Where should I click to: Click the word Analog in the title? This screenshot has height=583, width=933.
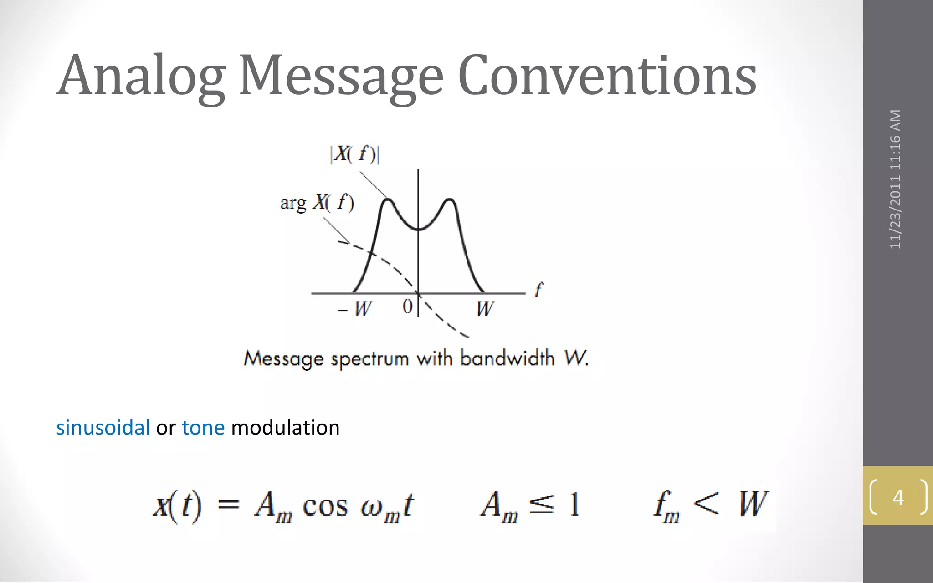click(x=141, y=76)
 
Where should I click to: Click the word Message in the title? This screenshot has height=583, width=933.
click(x=341, y=76)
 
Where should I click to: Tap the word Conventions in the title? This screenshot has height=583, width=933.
click(x=607, y=76)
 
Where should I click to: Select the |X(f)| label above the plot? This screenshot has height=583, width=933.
click(x=355, y=154)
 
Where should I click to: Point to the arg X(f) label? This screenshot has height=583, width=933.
click(x=317, y=203)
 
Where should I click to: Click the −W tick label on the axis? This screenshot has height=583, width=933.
click(x=355, y=309)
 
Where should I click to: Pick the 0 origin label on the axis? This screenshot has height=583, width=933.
click(x=408, y=307)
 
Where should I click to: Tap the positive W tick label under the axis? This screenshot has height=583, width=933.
click(x=485, y=309)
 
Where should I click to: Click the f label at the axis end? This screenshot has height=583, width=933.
click(x=538, y=290)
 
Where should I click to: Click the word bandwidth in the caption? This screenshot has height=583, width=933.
click(x=507, y=358)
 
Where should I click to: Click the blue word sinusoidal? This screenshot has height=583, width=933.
click(x=103, y=428)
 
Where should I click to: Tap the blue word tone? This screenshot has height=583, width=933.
click(x=203, y=428)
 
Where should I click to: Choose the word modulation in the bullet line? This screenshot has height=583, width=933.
click(x=285, y=428)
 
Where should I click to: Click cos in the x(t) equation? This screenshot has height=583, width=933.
click(x=325, y=506)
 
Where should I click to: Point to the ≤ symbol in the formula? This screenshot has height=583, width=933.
click(x=542, y=504)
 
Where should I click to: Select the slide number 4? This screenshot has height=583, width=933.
click(x=898, y=497)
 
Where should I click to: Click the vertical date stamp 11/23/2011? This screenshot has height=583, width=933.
click(x=896, y=214)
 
